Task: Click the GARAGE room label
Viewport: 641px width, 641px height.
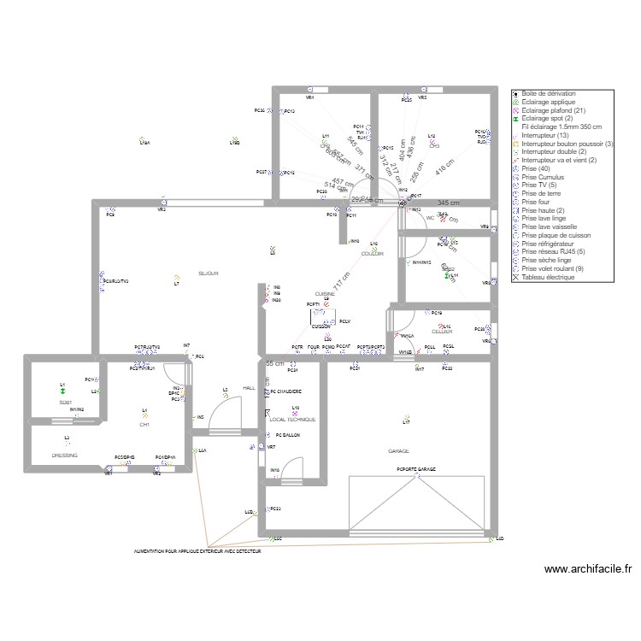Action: click(398, 450)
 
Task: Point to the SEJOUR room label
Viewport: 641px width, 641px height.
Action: click(209, 273)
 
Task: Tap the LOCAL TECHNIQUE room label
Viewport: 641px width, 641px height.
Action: click(292, 420)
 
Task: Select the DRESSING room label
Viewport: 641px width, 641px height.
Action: click(65, 456)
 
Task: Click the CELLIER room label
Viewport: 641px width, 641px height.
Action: click(442, 332)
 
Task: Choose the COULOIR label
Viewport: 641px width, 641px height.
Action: click(373, 254)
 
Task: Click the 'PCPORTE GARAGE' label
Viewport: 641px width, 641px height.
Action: click(416, 469)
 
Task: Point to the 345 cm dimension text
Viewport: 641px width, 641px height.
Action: click(449, 203)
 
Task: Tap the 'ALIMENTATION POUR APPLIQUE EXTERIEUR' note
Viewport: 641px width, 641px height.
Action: click(197, 552)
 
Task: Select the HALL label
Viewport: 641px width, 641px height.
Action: click(249, 388)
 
